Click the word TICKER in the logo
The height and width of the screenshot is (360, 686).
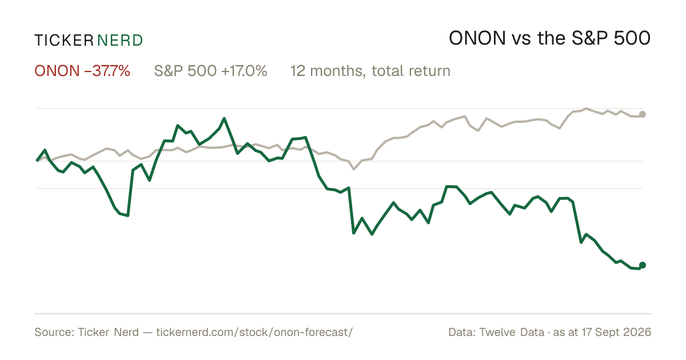(63, 41)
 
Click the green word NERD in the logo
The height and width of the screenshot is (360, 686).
(119, 41)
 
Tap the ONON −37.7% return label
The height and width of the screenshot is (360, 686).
(82, 71)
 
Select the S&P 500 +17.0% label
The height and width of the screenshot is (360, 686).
(210, 71)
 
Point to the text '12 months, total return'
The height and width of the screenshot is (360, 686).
(370, 71)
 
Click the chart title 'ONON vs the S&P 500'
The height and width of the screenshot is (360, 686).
(549, 38)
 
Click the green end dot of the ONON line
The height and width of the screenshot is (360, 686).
(643, 265)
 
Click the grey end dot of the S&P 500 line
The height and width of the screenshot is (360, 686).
(643, 114)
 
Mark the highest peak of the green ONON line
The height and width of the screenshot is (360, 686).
(224, 118)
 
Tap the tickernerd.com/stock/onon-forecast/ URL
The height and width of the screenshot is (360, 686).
(254, 332)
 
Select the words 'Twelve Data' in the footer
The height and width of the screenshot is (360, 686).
(512, 332)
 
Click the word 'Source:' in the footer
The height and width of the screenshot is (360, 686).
(54, 332)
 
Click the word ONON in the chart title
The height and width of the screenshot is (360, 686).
(477, 38)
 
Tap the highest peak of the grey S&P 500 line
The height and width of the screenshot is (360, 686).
(586, 109)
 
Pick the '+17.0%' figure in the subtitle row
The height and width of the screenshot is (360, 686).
(244, 71)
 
